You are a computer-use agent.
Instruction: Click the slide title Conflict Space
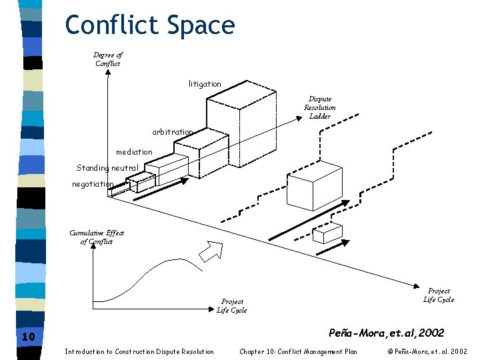coord(150,25)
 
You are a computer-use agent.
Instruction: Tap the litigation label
coord(205,84)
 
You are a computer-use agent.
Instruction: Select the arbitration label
coord(173,132)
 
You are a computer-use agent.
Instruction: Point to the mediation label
coord(134,152)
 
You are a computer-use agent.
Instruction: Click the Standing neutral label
coord(107,168)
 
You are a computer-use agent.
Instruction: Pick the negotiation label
coord(93,184)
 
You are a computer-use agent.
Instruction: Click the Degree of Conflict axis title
coord(108,59)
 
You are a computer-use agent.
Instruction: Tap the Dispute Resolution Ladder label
coord(320,107)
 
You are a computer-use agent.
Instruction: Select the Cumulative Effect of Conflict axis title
coord(97,237)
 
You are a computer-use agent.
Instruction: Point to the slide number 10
coord(28,337)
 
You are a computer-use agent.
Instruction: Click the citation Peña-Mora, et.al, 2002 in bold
coord(387,332)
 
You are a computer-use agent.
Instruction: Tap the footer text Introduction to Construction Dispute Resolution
coord(139,351)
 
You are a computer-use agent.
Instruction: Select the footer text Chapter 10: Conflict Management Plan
coord(298,351)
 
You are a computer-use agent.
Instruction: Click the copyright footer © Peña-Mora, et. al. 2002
coord(427,351)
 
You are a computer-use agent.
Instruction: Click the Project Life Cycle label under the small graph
coord(232,305)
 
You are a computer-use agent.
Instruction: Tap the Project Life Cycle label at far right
coord(439,295)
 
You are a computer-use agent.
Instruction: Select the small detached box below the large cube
coord(328,233)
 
